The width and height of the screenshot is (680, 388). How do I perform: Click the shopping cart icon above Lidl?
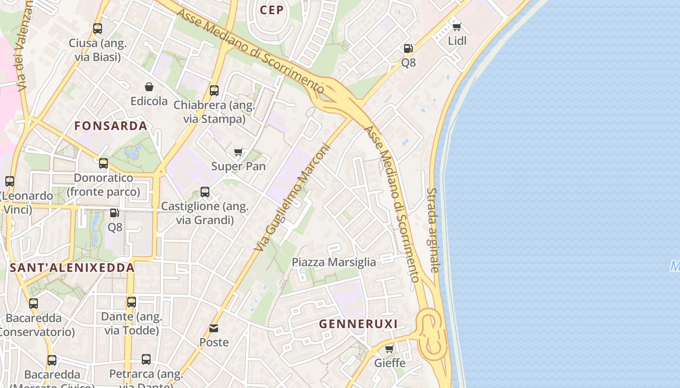457,27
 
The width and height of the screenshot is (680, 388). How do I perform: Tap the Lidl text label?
457,41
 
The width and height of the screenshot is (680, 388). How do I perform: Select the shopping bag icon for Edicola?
149,87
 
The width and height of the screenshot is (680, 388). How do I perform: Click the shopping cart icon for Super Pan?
238,152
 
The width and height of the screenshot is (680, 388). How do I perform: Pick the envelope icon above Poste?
214,328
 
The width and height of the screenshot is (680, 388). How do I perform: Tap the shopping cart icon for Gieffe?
389,349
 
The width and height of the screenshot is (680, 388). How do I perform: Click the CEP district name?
272,10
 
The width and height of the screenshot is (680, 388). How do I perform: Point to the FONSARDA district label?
111,126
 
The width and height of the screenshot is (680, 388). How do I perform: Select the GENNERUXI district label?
358,324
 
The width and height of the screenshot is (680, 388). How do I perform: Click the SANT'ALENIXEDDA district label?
72,268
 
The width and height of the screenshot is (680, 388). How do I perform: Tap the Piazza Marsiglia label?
334,262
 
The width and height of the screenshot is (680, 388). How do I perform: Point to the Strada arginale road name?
433,230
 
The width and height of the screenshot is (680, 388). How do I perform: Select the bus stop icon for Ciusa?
98,29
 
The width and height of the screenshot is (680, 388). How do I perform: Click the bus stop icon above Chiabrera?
214,91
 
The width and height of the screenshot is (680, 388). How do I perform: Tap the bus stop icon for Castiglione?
205,192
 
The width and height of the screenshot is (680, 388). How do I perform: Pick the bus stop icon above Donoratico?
103,163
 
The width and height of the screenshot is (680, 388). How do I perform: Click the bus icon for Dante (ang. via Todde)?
132,302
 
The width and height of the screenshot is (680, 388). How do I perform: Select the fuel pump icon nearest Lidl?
408,48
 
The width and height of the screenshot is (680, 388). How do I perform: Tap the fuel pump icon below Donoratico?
115,213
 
